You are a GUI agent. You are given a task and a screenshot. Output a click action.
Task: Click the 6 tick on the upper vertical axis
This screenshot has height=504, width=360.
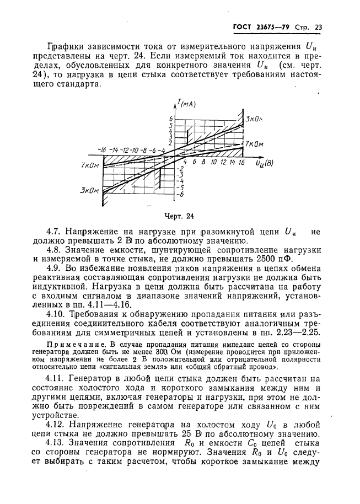point(171,119)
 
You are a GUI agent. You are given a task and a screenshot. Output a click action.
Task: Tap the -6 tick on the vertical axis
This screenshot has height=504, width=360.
point(179,195)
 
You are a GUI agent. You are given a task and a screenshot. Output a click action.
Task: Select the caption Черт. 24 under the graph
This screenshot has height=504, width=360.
point(180,216)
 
